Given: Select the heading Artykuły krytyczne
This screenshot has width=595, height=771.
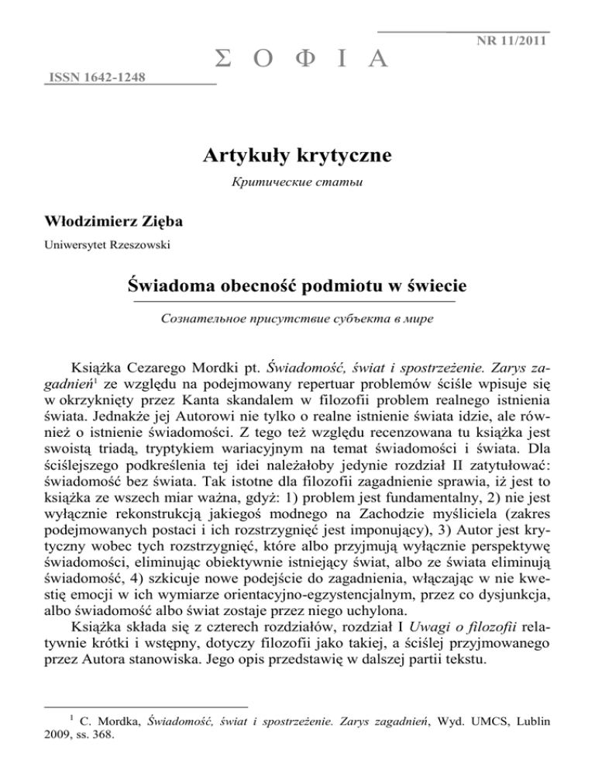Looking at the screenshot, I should (297, 155).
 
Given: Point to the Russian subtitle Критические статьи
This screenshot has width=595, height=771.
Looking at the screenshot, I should (297, 186).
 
